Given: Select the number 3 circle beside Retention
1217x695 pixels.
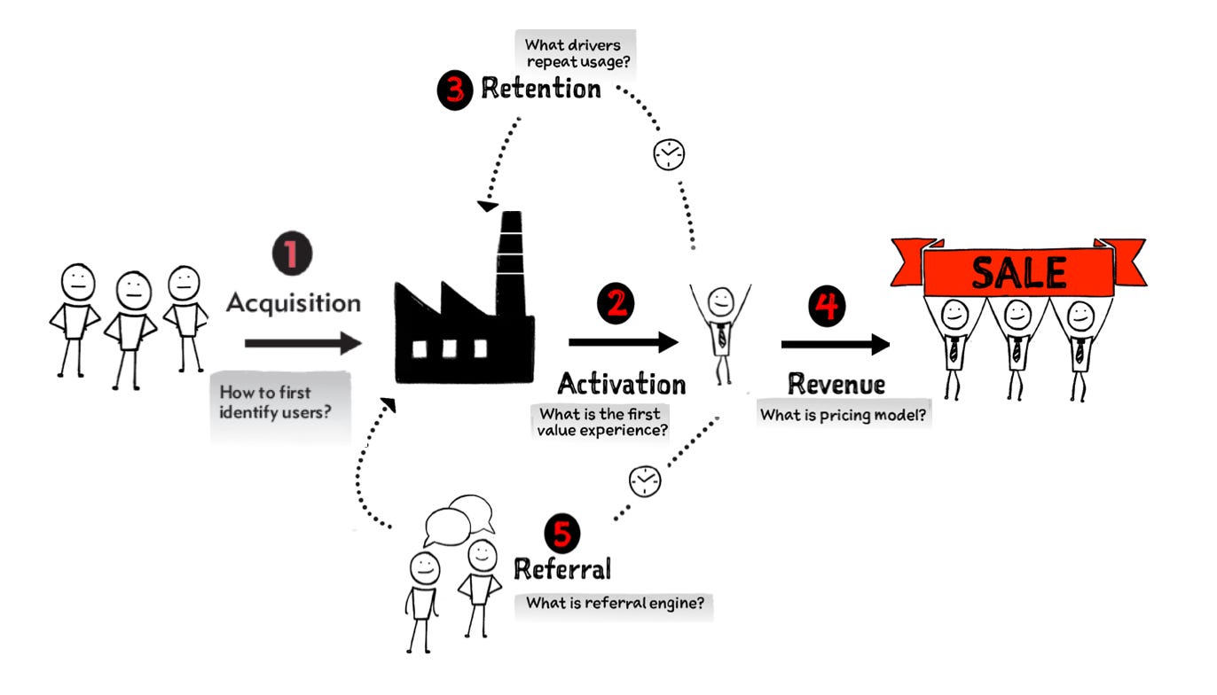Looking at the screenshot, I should (455, 90).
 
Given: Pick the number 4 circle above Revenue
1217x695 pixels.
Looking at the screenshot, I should (827, 306).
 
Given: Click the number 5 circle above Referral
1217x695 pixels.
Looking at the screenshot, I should (561, 534).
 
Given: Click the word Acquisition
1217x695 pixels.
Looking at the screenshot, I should (293, 302).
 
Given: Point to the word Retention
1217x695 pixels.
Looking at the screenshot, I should (540, 89).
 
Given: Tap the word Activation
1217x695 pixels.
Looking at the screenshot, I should (621, 384).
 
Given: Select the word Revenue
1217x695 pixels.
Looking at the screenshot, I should (836, 384).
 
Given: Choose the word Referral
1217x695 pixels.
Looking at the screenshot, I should (563, 568).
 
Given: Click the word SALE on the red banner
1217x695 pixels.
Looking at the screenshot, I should (1019, 272).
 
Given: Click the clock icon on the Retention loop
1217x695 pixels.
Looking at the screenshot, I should (669, 155).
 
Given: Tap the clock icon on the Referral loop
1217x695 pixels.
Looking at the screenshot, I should (645, 480).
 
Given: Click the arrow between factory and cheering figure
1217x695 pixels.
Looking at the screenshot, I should (623, 341).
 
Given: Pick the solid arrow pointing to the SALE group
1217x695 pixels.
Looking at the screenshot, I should (835, 345).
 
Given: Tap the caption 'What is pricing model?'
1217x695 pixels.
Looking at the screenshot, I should (844, 413).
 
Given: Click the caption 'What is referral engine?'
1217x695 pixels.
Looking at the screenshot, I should (614, 603).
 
